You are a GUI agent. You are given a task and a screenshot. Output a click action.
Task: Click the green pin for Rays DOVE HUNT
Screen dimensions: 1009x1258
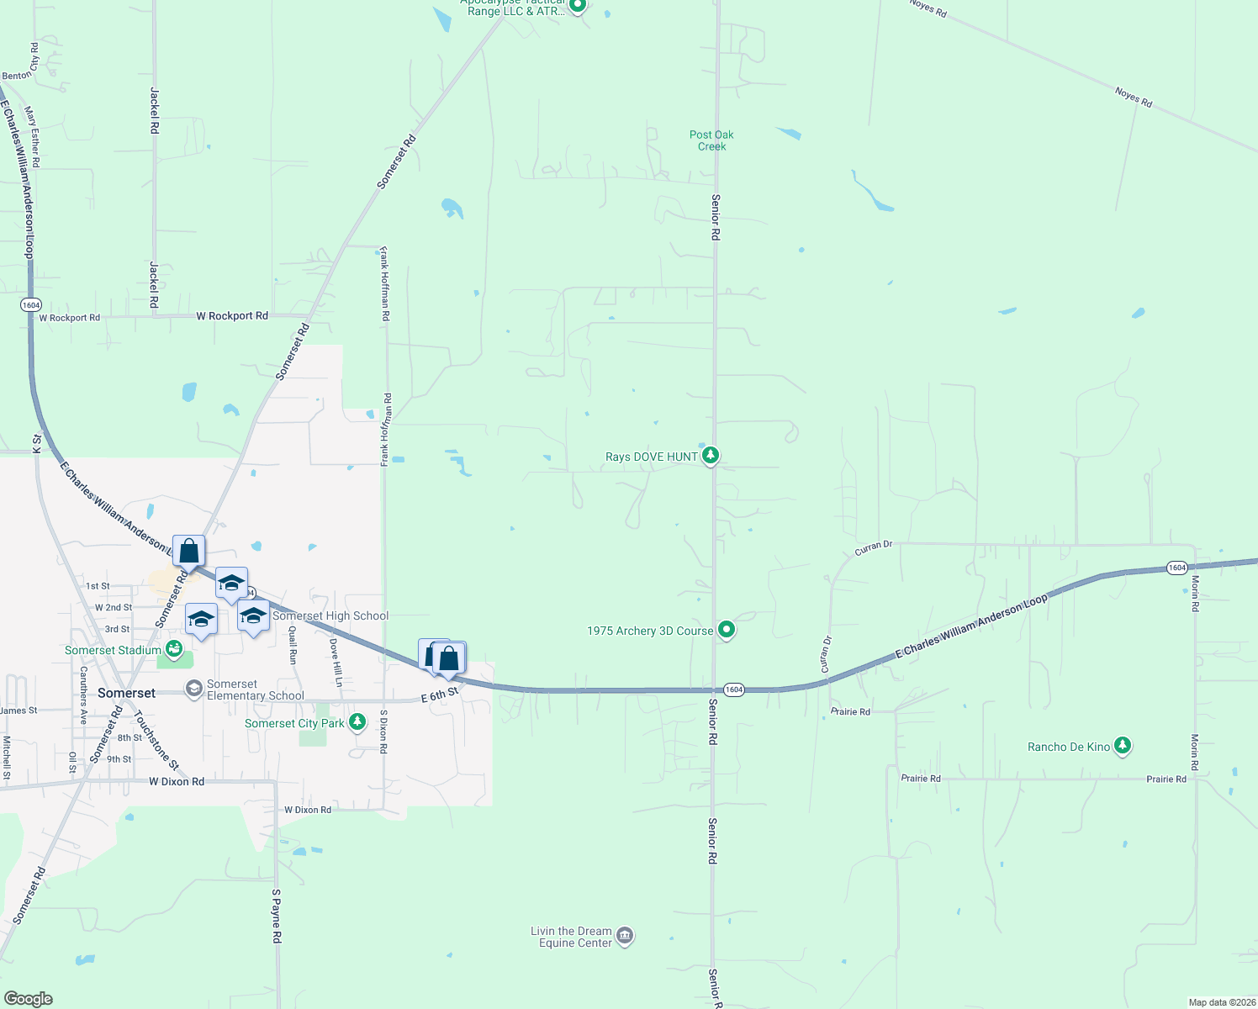711,456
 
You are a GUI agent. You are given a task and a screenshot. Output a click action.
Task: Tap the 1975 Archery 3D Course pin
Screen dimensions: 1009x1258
727,630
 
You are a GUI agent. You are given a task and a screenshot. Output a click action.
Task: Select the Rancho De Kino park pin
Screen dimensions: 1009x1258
1122,746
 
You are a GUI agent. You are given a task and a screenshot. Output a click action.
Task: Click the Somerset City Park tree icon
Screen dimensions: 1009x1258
357,722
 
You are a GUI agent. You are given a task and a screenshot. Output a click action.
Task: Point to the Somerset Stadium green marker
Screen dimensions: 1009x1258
173,649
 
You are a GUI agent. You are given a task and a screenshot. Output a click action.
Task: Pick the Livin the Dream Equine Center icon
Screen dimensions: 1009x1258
624,936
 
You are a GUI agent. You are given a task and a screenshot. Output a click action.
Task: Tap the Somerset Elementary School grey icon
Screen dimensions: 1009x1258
193,689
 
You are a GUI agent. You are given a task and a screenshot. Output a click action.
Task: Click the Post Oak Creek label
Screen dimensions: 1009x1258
711,140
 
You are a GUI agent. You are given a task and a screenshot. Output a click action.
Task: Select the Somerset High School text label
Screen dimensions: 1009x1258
330,616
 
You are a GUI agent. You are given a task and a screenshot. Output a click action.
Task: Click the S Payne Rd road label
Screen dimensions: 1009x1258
276,916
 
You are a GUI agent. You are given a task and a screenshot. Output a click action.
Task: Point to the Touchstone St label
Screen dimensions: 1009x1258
156,740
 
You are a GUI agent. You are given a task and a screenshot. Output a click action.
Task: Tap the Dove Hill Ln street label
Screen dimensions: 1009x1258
336,663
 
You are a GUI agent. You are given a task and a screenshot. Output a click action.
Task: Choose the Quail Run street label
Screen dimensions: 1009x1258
293,645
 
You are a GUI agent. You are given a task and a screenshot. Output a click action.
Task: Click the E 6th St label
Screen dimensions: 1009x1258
440,695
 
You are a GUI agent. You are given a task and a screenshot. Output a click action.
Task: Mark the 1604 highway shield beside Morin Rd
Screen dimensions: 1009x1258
1176,568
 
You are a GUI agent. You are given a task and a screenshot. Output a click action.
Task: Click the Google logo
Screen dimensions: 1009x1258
29,998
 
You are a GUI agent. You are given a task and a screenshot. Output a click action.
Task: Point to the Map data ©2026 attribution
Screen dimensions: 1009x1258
1221,1002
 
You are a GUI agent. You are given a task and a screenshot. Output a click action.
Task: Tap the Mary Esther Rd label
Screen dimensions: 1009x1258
33,136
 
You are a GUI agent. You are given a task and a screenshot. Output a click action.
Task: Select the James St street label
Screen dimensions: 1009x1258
18,711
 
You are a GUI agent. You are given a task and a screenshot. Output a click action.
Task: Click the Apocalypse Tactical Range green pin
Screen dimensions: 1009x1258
577,7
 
